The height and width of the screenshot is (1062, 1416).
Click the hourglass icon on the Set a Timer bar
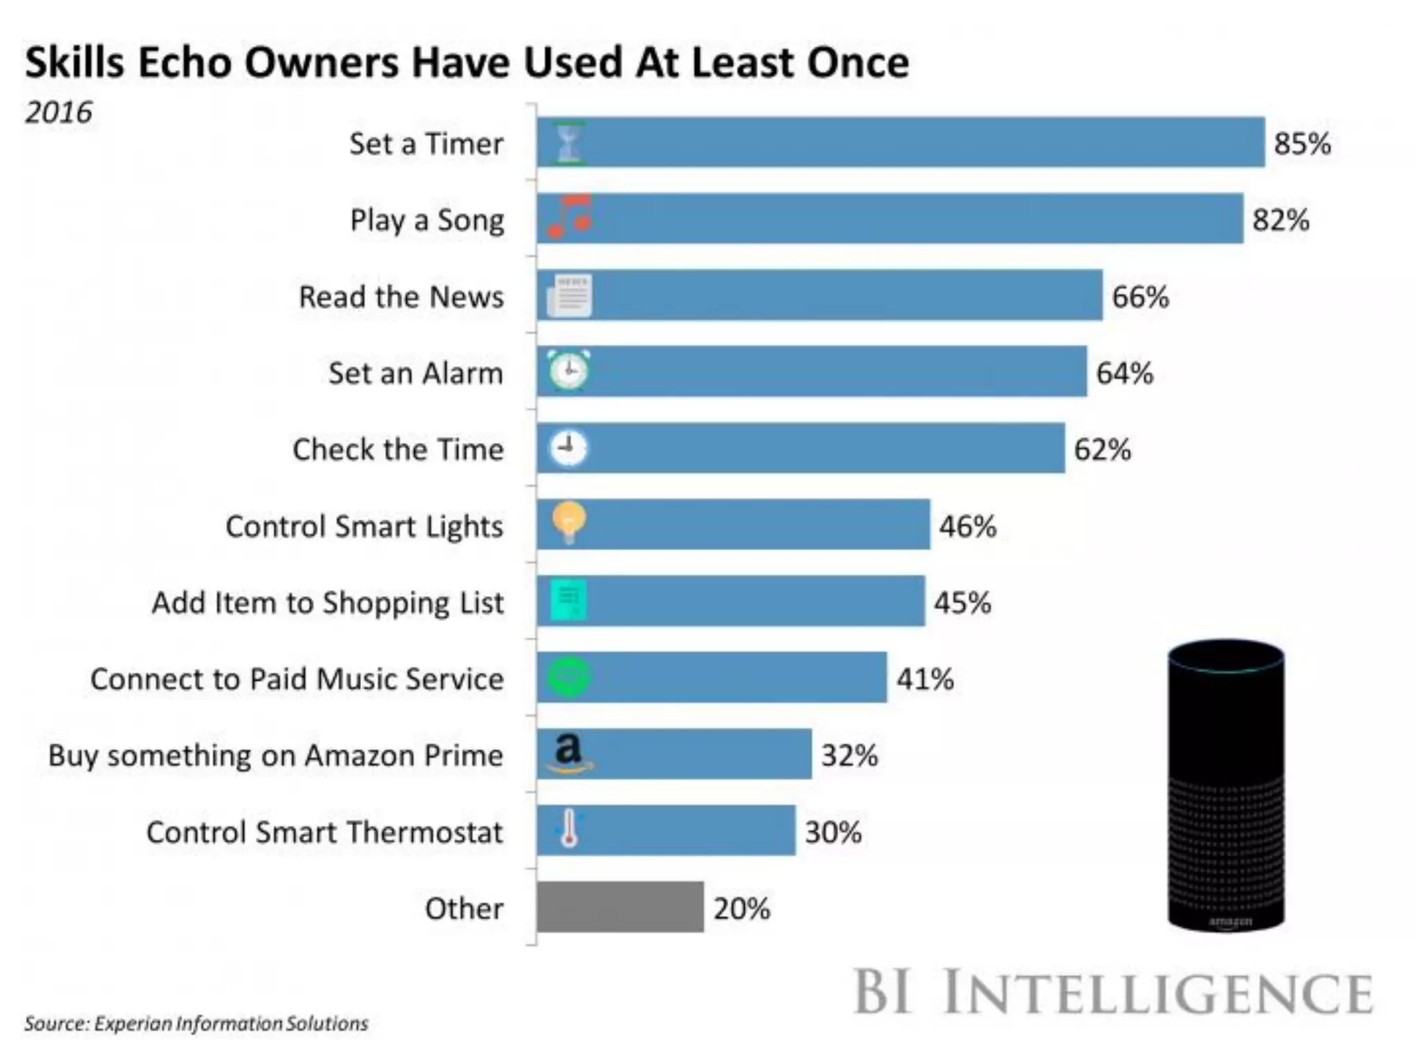point(569,143)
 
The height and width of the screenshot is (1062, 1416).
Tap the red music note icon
point(570,216)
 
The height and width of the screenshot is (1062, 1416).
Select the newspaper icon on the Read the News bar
point(570,296)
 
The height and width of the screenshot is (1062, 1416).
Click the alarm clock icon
point(569,371)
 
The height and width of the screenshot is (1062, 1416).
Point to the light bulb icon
point(569,522)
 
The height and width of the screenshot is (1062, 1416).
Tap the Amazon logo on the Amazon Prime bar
point(569,752)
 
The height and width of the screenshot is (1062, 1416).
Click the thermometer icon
point(569,828)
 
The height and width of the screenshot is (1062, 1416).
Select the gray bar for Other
point(620,906)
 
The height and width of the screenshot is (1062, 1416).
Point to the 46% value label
point(967,526)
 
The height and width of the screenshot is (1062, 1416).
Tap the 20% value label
point(742,909)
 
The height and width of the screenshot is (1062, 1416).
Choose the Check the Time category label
point(398,449)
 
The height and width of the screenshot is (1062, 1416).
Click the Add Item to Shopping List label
point(328,603)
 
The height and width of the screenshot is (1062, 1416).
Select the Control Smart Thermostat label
point(324,832)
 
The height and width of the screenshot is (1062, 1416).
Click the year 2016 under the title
point(59,112)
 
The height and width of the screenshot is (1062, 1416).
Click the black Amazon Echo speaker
point(1226,785)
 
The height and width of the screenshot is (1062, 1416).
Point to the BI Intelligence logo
point(1113,993)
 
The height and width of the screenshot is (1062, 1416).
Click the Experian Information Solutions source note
point(196,1023)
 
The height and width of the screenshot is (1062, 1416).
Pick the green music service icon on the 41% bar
point(569,676)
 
